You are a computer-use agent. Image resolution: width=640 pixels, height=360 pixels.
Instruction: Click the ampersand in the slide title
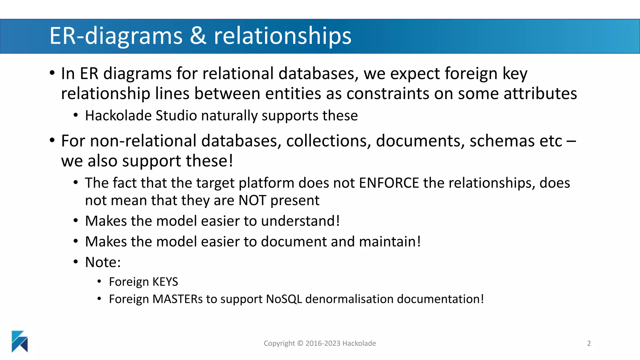coord(198,36)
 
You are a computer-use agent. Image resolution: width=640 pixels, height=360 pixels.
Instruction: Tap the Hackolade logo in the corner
coord(20,341)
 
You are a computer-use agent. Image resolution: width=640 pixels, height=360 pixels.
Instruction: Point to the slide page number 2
coord(589,343)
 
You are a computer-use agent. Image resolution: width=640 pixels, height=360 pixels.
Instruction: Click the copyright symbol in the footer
coord(300,343)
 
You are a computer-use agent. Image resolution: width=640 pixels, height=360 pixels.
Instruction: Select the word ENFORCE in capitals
coord(389,183)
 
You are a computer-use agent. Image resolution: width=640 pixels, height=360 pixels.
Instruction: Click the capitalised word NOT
coord(252,201)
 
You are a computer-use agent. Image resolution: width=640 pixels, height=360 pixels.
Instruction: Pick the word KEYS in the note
coord(165,282)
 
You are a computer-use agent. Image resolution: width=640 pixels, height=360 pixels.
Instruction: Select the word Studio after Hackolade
coord(176,116)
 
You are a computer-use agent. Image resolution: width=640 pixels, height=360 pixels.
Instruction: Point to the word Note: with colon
coord(103,262)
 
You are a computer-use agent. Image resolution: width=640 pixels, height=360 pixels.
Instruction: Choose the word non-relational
coord(144,141)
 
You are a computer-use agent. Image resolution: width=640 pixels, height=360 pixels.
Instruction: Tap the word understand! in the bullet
coord(300,221)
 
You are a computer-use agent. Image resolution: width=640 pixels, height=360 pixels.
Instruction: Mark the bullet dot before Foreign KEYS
coord(99,282)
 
